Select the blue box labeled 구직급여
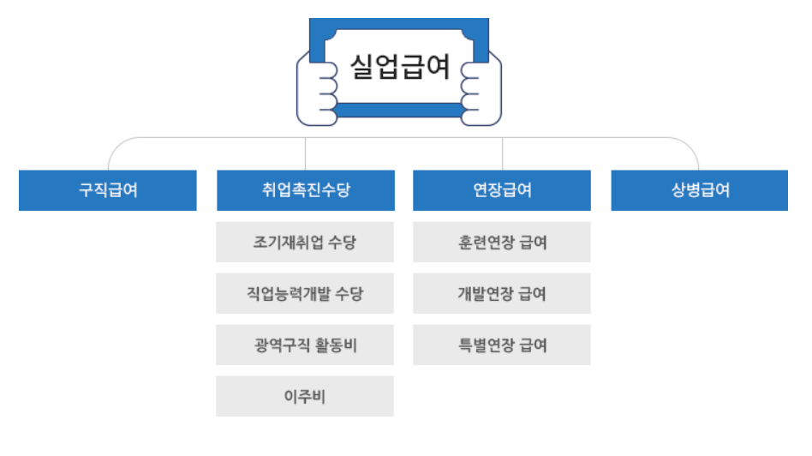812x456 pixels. coord(108,190)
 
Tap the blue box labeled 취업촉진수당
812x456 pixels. coord(306,190)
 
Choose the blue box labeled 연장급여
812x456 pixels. coord(502,190)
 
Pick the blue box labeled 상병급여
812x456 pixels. coord(700,190)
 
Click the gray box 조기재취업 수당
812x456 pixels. coord(306,243)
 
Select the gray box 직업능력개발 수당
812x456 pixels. coord(306,294)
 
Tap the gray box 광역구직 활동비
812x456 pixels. coord(306,345)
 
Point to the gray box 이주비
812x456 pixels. coord(306,397)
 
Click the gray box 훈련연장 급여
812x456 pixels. coord(502,243)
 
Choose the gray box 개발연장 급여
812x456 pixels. coord(502,294)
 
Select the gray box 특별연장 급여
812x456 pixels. coord(502,345)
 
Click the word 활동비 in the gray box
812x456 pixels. coord(336,345)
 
